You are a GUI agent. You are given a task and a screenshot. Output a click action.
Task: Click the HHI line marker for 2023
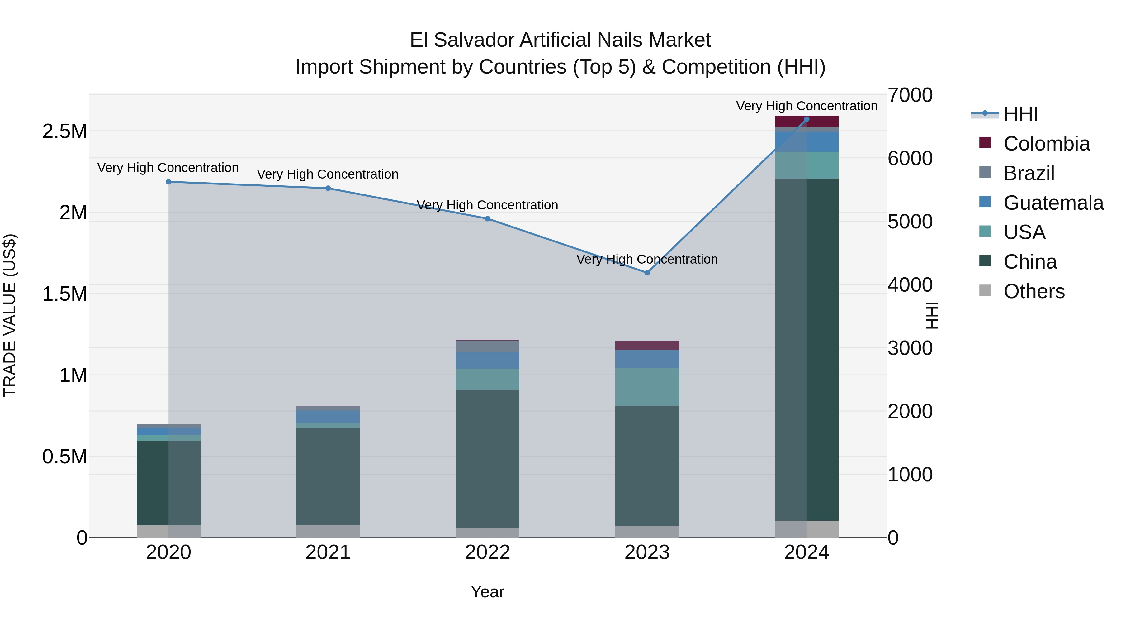pyautogui.click(x=647, y=273)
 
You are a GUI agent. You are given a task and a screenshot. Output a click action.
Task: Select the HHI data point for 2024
pyautogui.click(x=806, y=119)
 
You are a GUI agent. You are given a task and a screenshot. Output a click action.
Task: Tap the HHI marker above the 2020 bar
pyautogui.click(x=168, y=182)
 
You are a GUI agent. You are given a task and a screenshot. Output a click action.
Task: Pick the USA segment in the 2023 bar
pyautogui.click(x=647, y=387)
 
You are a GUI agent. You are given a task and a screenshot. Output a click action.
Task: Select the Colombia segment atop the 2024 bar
pyautogui.click(x=806, y=121)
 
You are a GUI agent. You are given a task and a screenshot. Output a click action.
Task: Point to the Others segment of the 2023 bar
pyautogui.click(x=647, y=531)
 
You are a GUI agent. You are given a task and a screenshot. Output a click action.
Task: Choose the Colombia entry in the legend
pyautogui.click(x=1046, y=144)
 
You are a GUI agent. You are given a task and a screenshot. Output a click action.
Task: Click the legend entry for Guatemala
pyautogui.click(x=1053, y=203)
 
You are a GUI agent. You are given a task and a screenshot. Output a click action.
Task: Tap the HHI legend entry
pyautogui.click(x=1020, y=114)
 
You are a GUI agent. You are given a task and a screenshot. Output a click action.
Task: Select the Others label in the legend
pyautogui.click(x=1033, y=291)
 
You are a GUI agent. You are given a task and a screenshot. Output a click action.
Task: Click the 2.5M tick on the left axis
pyautogui.click(x=64, y=131)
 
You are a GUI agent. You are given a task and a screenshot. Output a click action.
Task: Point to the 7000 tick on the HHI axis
pyautogui.click(x=910, y=95)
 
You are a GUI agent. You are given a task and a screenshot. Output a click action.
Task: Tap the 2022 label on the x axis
pyautogui.click(x=487, y=552)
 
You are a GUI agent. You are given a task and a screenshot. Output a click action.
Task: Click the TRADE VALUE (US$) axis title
pyautogui.click(x=10, y=315)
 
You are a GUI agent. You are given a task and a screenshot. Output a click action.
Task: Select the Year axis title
pyautogui.click(x=487, y=592)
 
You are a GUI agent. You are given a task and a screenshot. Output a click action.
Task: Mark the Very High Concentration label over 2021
pyautogui.click(x=328, y=174)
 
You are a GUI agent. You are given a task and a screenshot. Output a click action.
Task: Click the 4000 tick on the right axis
pyautogui.click(x=910, y=285)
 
